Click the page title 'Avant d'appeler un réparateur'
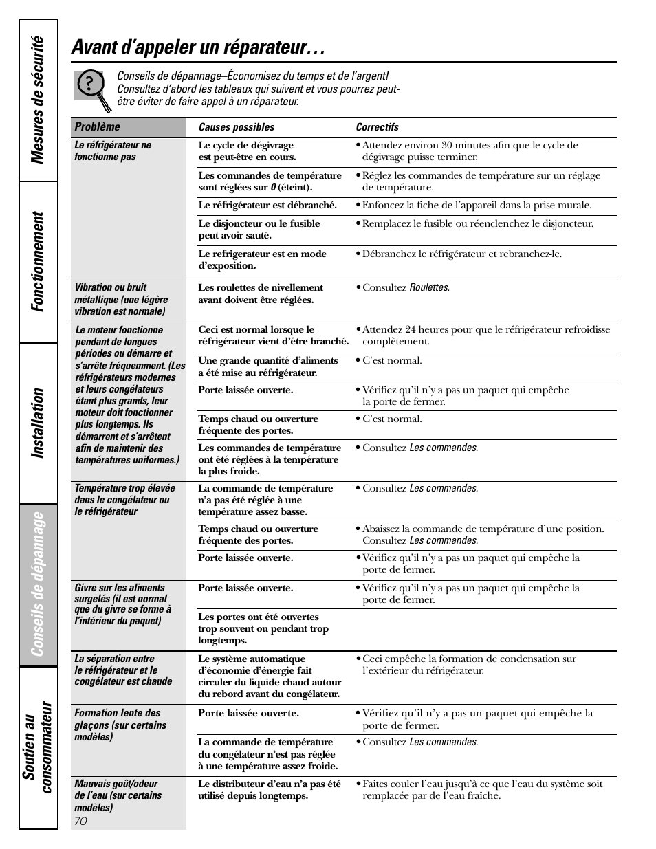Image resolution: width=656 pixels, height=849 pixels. (198, 47)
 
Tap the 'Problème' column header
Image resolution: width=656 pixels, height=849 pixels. (97, 127)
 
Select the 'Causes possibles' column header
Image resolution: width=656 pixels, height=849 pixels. (236, 127)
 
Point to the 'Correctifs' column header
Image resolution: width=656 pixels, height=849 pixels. (377, 127)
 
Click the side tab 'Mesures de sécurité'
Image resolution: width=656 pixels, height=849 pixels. (39, 100)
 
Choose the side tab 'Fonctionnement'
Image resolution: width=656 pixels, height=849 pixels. (39, 261)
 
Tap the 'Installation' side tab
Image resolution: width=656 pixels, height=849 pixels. (39, 423)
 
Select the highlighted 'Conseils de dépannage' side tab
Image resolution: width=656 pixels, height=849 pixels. (39, 584)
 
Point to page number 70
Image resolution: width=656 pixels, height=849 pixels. (80, 821)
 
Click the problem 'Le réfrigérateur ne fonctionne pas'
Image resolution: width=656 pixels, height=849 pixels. (113, 151)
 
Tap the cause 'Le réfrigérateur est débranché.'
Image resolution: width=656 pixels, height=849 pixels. (267, 206)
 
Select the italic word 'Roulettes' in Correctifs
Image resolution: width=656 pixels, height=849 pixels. (429, 288)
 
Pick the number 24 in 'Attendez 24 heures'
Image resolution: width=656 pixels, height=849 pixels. (408, 330)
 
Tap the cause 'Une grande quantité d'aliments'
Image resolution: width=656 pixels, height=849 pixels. (267, 366)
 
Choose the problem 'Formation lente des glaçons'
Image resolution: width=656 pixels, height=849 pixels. (120, 725)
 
